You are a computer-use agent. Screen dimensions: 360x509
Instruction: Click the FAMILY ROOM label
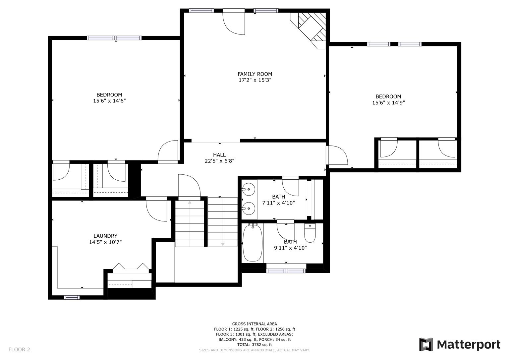point(254,74)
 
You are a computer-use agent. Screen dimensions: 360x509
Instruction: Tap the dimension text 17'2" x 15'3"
point(254,80)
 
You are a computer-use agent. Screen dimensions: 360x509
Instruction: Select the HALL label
point(219,155)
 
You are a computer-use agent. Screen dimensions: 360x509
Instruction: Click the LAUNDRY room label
point(105,236)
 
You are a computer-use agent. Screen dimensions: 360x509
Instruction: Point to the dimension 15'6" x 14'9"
point(388,103)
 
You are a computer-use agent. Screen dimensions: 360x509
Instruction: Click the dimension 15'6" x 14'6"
point(109,101)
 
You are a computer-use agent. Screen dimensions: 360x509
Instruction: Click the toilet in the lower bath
point(310,234)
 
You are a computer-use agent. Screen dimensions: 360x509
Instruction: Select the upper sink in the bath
point(248,190)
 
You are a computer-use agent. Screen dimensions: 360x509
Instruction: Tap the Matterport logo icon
point(426,344)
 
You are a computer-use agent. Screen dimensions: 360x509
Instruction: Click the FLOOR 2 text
point(19,349)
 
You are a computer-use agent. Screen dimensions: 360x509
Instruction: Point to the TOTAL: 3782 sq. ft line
point(254,345)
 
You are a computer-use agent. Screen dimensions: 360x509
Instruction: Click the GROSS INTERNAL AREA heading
point(254,324)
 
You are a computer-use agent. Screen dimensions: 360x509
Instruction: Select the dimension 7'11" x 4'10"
point(278,203)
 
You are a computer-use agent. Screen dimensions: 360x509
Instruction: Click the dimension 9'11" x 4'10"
point(290,248)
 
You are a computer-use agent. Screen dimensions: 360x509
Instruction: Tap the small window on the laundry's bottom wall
point(72,297)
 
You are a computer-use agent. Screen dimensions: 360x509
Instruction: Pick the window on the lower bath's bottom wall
point(286,271)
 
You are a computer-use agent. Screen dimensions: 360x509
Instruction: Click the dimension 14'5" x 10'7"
point(105,242)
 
